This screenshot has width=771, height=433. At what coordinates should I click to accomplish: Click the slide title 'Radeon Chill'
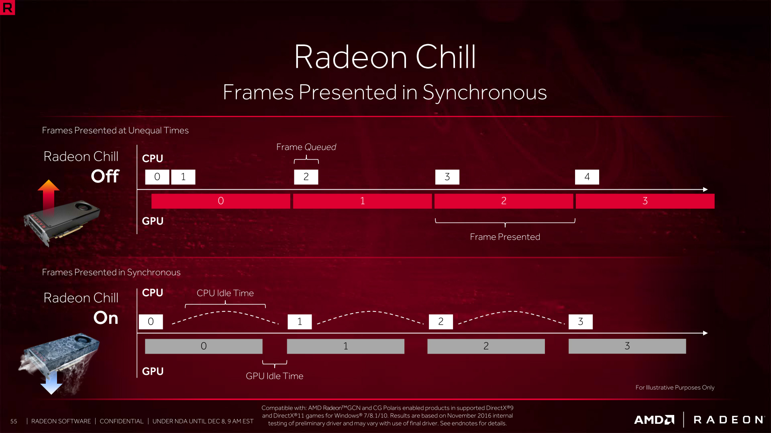(385, 57)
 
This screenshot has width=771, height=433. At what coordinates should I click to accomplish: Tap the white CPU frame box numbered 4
(587, 177)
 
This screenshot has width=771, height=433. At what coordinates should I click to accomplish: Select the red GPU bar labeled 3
(645, 201)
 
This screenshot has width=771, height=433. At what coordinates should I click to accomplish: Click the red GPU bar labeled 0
(220, 201)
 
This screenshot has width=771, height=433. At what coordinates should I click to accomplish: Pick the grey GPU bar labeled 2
(486, 346)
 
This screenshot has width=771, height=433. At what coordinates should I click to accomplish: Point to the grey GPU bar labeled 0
(204, 346)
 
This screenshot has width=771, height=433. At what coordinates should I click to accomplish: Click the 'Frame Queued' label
(306, 147)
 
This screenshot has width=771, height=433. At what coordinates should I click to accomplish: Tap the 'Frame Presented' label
(505, 237)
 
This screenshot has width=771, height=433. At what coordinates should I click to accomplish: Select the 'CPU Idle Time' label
(225, 293)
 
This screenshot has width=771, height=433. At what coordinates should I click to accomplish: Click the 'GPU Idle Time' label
(274, 376)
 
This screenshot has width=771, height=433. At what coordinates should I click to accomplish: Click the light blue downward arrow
(51, 383)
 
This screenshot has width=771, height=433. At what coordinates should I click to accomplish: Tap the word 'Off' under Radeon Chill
(105, 176)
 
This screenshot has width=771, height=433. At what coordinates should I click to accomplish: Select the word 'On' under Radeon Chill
(106, 318)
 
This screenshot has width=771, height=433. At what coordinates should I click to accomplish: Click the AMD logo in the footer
(654, 420)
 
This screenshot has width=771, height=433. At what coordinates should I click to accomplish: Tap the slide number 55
(14, 421)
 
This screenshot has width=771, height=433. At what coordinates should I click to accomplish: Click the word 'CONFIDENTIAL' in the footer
(121, 421)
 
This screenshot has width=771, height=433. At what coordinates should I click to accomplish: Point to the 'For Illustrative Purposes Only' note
(675, 387)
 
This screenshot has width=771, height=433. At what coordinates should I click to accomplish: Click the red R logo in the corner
(7, 7)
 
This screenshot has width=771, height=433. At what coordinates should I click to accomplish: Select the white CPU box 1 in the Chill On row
(300, 322)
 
